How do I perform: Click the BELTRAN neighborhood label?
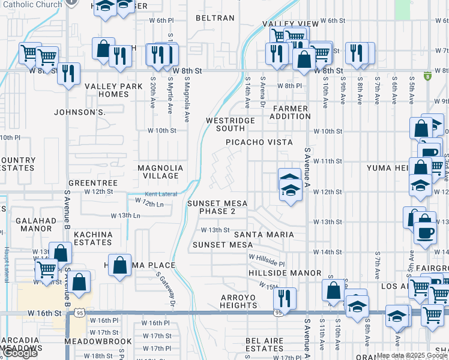215,18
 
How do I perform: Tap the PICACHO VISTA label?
259,142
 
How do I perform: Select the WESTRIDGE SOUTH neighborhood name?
225,124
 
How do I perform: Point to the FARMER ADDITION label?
291,112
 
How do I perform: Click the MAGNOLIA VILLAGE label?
160,172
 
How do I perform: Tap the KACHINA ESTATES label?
93,238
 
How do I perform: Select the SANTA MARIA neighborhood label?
264,235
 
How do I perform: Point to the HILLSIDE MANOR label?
285,273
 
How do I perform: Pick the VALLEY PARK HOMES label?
113,90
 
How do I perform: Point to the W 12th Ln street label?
148,205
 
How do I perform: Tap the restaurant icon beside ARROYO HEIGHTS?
285,298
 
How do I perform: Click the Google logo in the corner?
19,353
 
